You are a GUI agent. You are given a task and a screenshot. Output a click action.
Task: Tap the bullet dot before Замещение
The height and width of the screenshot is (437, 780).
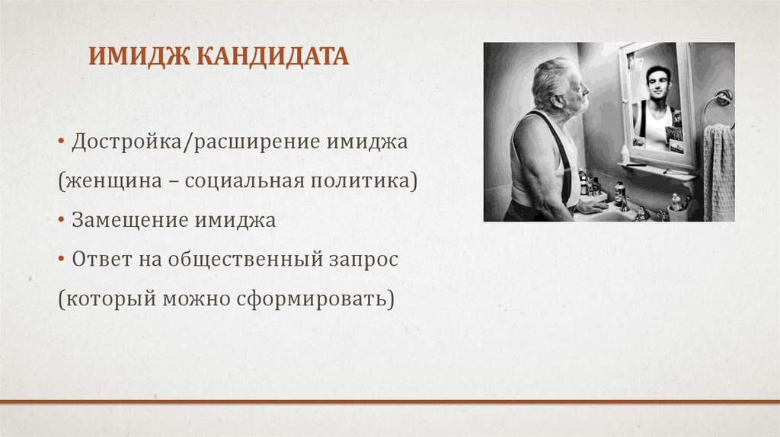pos(60,222)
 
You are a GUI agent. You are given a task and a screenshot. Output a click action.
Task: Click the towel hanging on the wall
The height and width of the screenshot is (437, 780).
pos(718,171)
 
